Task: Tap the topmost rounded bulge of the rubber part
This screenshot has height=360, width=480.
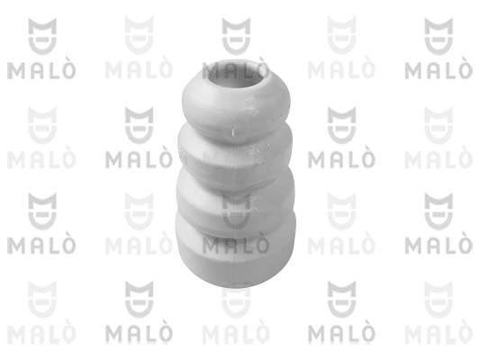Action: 236,104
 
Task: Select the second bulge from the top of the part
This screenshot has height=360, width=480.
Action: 235,155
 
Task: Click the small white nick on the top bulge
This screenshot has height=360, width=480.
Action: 232,132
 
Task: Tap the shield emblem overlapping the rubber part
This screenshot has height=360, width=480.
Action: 236,211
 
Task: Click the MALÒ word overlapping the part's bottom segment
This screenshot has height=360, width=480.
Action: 236,246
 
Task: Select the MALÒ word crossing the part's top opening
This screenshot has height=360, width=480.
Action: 236,69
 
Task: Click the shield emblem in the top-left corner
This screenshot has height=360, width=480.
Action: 42,36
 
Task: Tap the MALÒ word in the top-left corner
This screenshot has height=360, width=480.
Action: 41,70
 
